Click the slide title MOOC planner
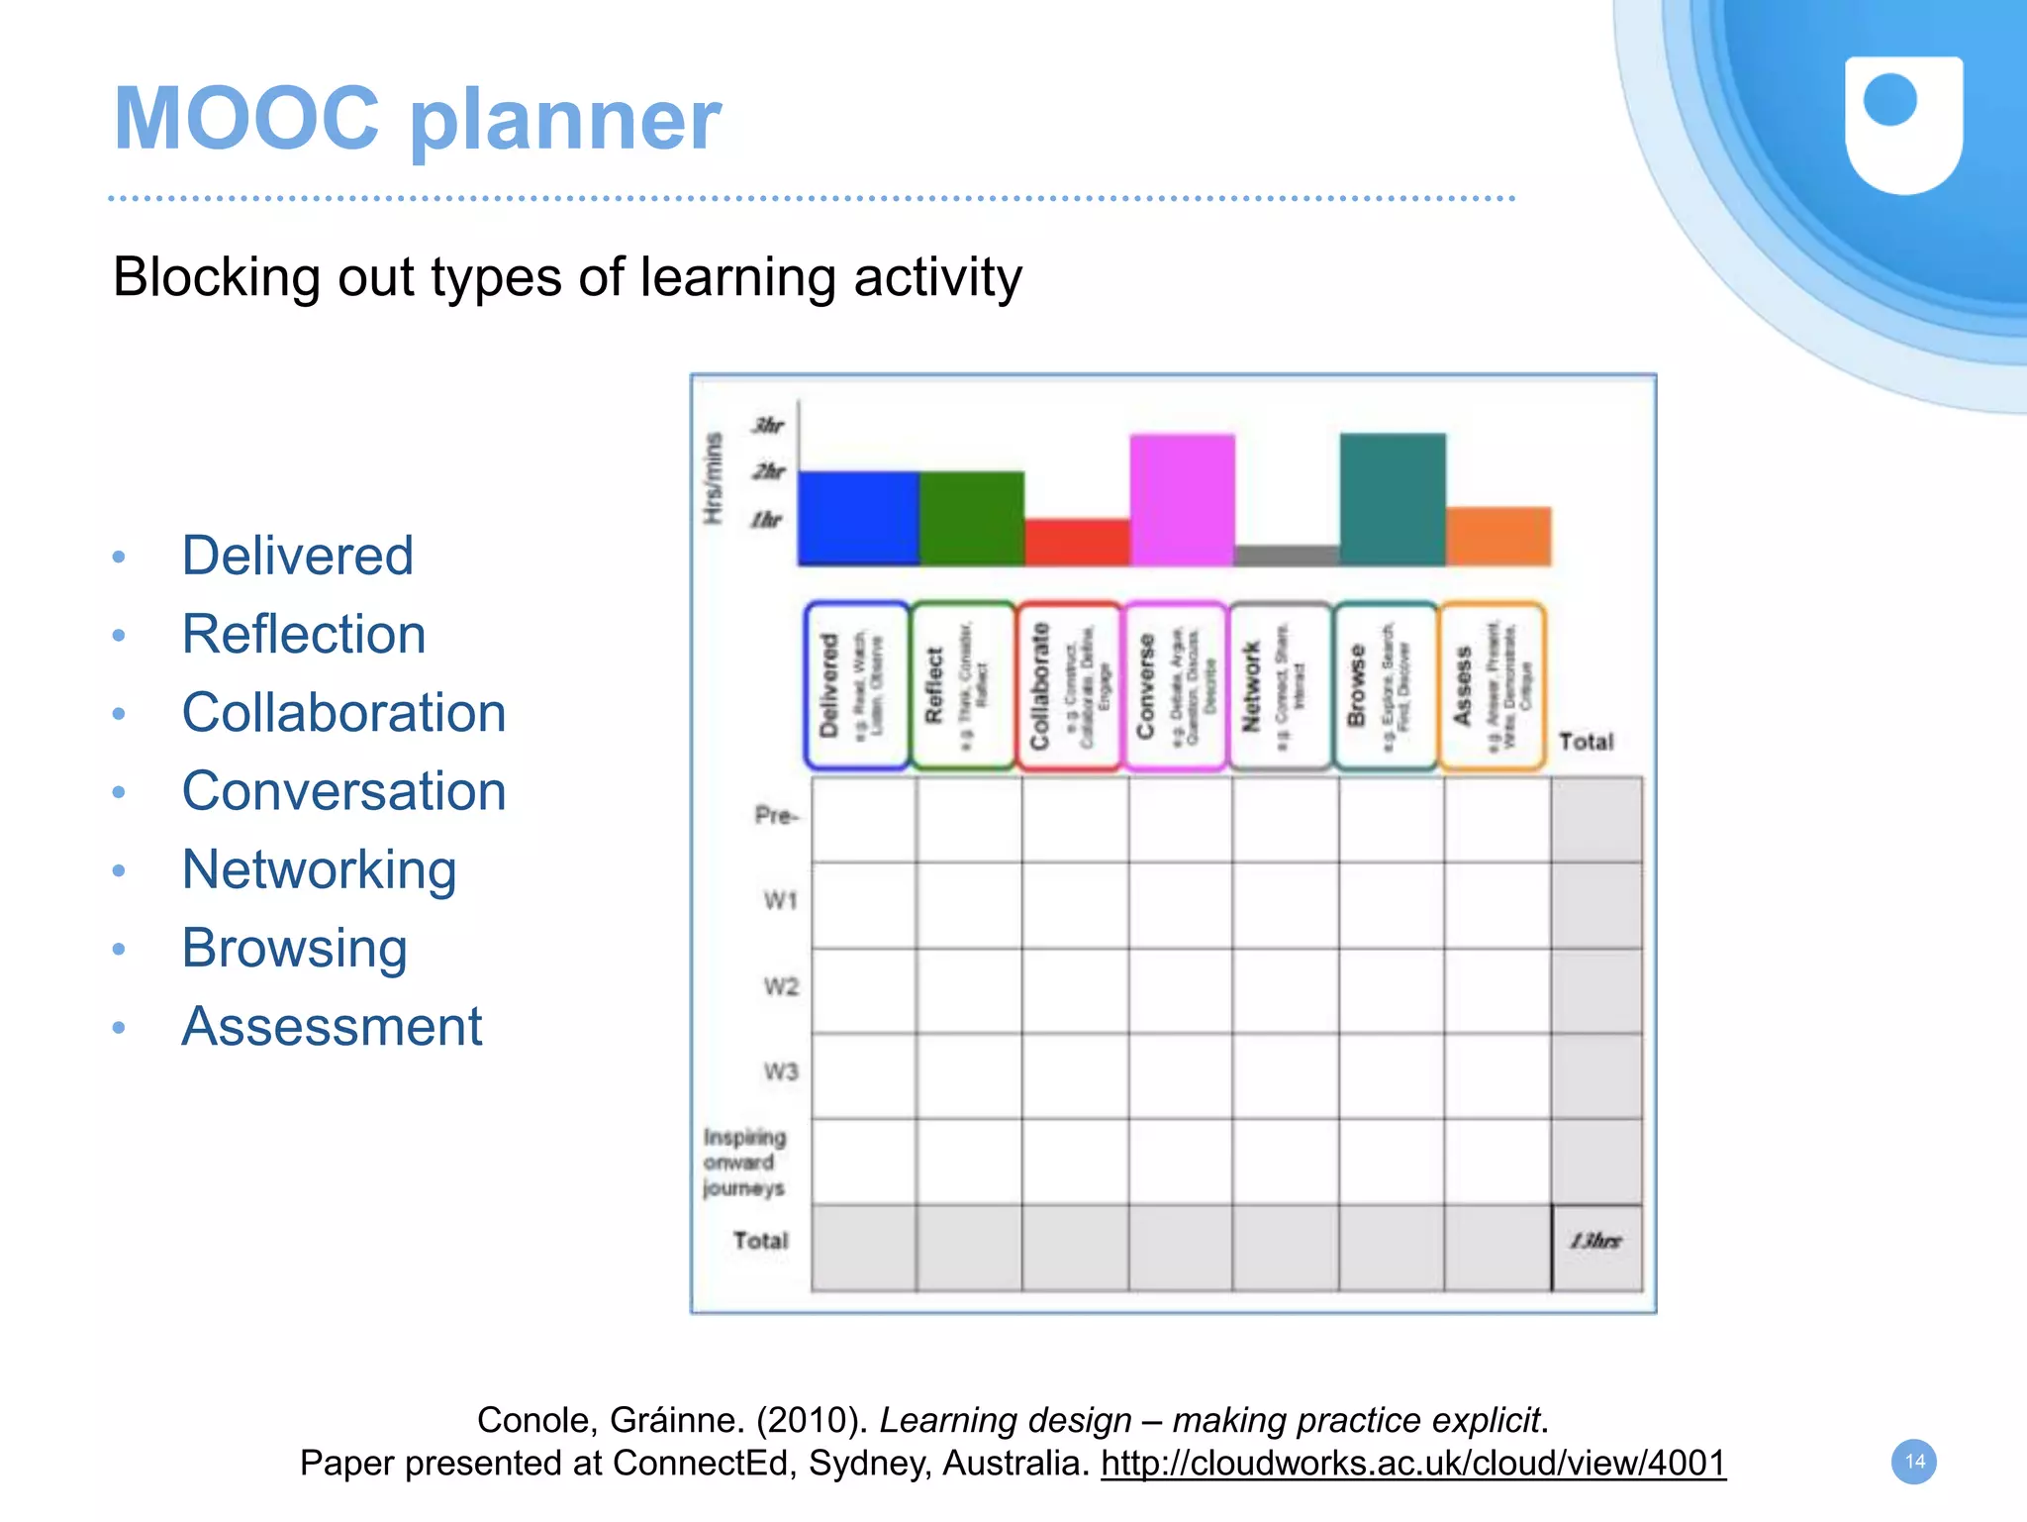[x=417, y=119]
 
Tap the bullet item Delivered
[x=297, y=556]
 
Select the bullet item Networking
[x=319, y=869]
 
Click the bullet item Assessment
[x=332, y=1026]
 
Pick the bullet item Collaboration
[x=343, y=713]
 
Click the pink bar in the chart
[x=1182, y=499]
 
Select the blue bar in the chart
[x=858, y=518]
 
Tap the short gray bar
[x=1287, y=556]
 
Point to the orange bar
[x=1497, y=536]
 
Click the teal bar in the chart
[x=1392, y=499]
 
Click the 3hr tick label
[x=768, y=426]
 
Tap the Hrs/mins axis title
[x=713, y=478]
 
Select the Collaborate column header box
[x=1069, y=685]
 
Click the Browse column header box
[x=1385, y=685]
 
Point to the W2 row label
[x=780, y=987]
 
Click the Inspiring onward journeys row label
[x=744, y=1163]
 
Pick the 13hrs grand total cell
[x=1595, y=1242]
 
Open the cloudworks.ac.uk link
[x=1412, y=1464]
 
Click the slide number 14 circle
[x=1914, y=1462]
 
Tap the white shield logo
[x=1903, y=124]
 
